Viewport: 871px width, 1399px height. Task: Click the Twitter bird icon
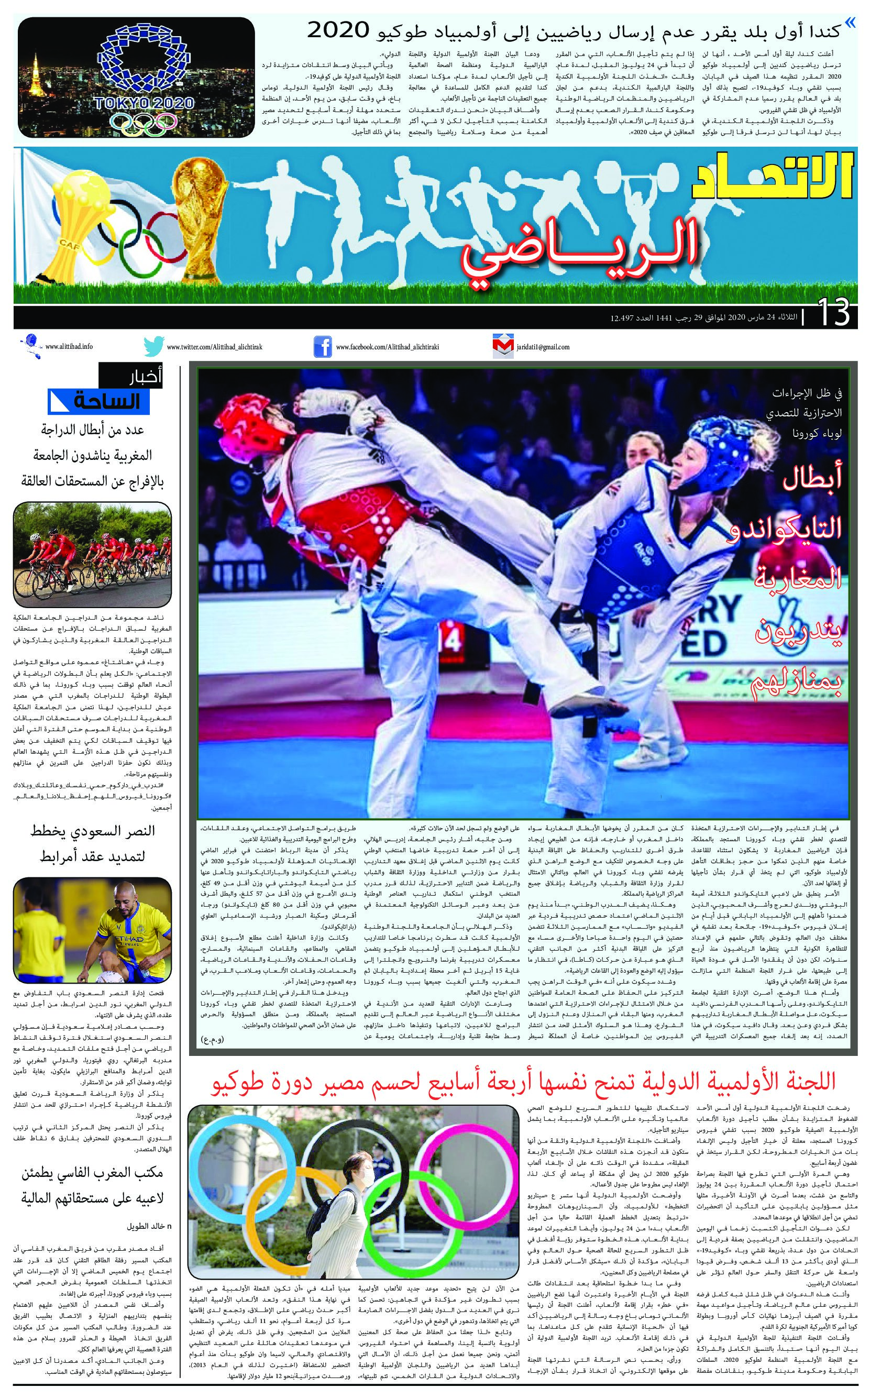(153, 347)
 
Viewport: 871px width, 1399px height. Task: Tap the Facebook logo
(322, 347)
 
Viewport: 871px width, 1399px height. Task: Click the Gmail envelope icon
(502, 347)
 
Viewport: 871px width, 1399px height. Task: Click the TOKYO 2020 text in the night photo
(145, 103)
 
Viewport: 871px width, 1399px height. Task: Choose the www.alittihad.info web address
(69, 347)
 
